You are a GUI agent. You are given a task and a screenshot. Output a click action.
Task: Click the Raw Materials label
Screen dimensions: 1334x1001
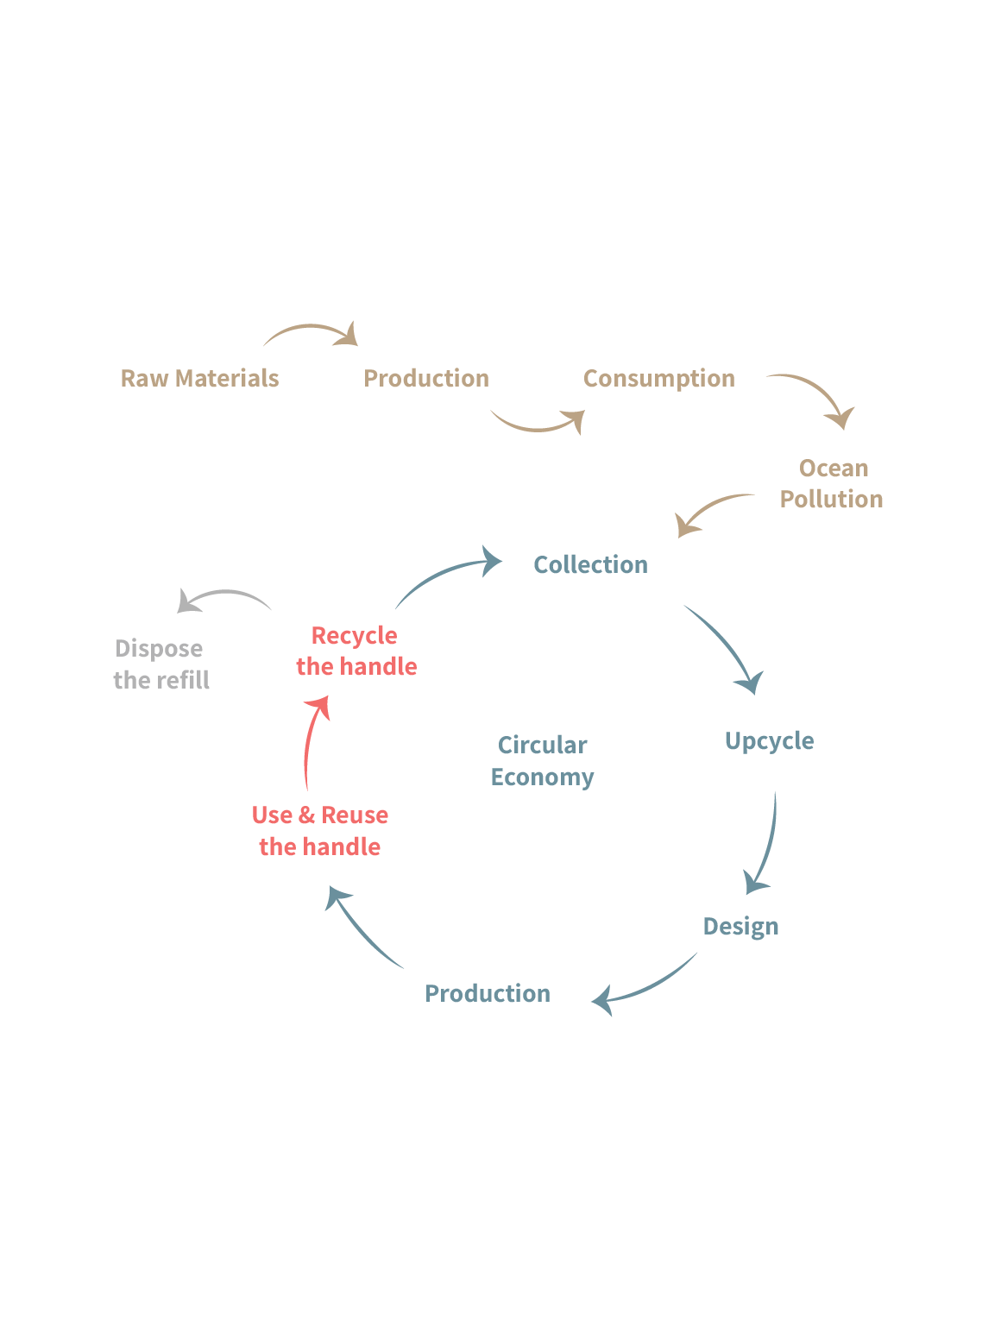coord(199,378)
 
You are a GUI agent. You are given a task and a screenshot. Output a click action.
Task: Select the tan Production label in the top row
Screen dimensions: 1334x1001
coord(426,378)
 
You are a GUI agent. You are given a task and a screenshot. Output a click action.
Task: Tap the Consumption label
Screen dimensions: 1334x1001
coord(659,378)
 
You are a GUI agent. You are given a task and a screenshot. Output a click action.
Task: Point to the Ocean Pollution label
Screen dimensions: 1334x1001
coord(832,483)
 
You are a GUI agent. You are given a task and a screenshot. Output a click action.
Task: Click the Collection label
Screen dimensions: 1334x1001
coord(591,564)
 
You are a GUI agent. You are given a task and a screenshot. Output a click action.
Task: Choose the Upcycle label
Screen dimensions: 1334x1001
coord(769,741)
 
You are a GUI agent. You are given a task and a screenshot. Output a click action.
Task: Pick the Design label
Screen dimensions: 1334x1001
coord(740,927)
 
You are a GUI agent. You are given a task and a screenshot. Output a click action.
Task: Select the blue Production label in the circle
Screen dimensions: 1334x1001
coord(488,993)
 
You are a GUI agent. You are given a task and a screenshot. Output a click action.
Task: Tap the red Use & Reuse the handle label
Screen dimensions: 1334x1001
coord(320,830)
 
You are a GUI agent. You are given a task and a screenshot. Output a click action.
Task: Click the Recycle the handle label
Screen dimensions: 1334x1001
coord(356,651)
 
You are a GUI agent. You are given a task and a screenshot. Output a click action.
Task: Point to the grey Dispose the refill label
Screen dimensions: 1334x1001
coord(161,664)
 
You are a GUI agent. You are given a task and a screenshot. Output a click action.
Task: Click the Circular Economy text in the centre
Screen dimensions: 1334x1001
coord(543,760)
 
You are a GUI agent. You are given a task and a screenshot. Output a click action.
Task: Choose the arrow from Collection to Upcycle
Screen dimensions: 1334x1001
coord(727,647)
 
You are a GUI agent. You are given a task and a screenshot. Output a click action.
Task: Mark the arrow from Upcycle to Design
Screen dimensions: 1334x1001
coord(765,846)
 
